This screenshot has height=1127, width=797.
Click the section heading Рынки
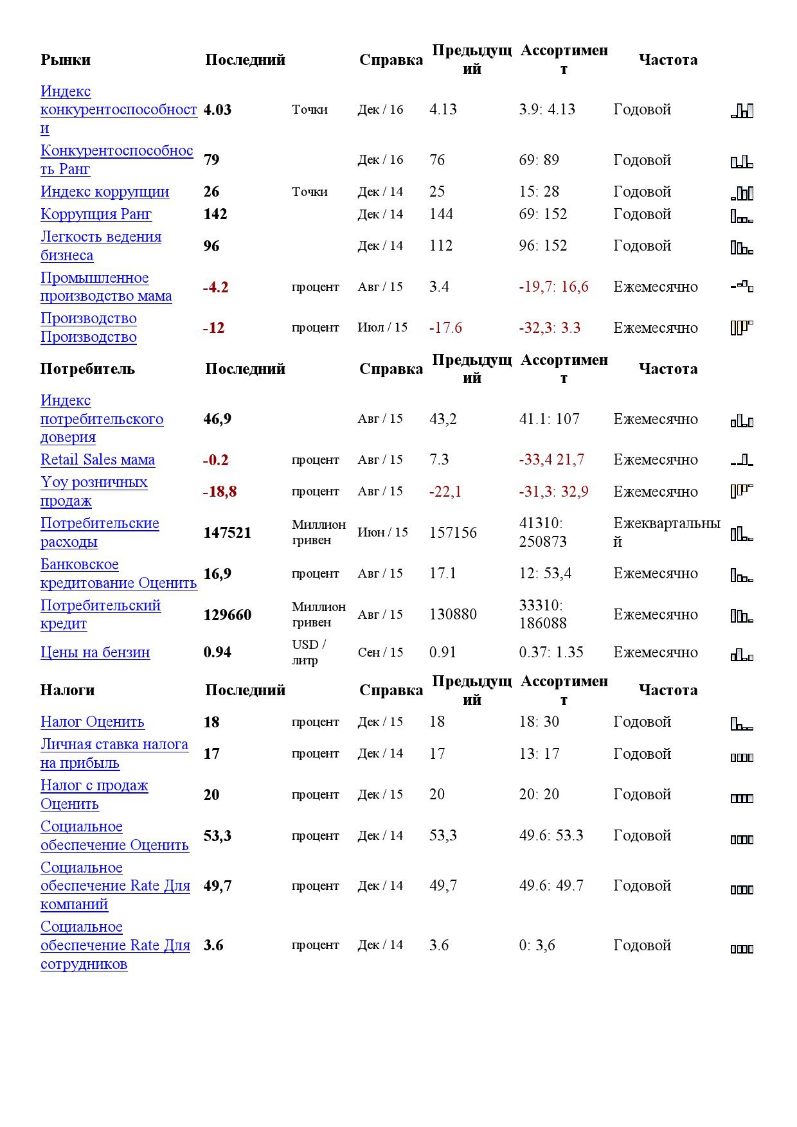(x=66, y=60)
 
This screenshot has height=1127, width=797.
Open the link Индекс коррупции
(x=105, y=191)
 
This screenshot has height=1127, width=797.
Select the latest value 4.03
(x=217, y=110)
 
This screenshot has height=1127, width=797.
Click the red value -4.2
(x=215, y=287)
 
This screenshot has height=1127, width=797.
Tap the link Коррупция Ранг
(x=96, y=214)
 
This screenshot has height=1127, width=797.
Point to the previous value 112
(x=441, y=245)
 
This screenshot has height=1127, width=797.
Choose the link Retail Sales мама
(x=98, y=459)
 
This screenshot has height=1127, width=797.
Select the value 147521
(x=227, y=533)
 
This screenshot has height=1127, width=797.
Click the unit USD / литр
(x=309, y=652)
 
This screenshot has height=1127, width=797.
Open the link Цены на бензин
(x=95, y=652)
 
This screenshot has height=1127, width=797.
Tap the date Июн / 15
(x=382, y=532)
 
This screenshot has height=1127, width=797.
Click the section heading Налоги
(x=67, y=690)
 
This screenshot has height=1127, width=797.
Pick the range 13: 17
(x=539, y=753)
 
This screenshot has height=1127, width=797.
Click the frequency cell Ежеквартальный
(x=666, y=532)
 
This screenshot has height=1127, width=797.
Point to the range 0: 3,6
(x=537, y=945)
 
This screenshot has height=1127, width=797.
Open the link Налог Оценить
(x=92, y=722)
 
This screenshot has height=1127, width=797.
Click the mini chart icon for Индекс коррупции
(x=742, y=193)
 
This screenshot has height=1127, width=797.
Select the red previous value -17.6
(x=445, y=328)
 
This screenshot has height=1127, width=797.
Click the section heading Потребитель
(x=87, y=369)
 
